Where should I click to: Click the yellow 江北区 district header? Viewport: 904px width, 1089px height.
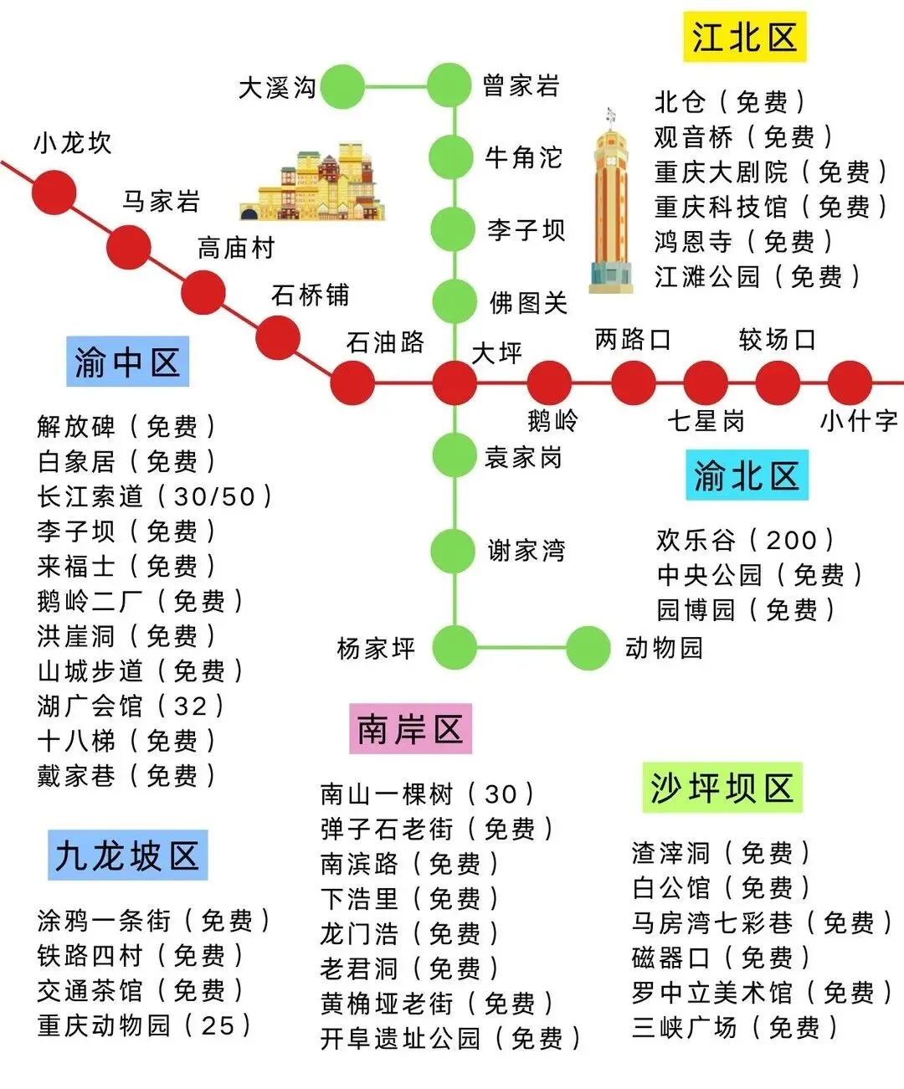tap(744, 38)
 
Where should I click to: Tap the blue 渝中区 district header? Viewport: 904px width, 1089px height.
tap(127, 362)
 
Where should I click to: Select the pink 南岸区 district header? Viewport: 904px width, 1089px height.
tap(410, 729)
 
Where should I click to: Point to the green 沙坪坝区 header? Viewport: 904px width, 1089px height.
tap(722, 788)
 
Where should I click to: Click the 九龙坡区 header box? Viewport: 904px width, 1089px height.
tap(127, 855)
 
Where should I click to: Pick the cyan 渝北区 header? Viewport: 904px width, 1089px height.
tap(747, 475)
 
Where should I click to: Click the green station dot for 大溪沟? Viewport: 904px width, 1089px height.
tap(342, 86)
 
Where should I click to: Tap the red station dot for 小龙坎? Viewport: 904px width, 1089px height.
tap(54, 193)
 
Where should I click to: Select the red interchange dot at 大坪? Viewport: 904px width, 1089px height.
tap(455, 383)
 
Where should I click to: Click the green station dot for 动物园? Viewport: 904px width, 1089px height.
tap(588, 647)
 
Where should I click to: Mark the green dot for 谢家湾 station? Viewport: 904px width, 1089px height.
tap(454, 551)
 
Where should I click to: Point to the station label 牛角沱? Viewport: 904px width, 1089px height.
tap(523, 157)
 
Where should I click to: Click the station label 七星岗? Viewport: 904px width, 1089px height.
tap(705, 420)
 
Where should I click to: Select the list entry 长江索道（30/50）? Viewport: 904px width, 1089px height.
tap(155, 496)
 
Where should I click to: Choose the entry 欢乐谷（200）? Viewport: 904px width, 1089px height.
tap(745, 540)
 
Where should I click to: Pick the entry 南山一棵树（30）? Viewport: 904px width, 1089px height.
tap(427, 794)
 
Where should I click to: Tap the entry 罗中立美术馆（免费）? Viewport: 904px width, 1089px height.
tap(762, 993)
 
